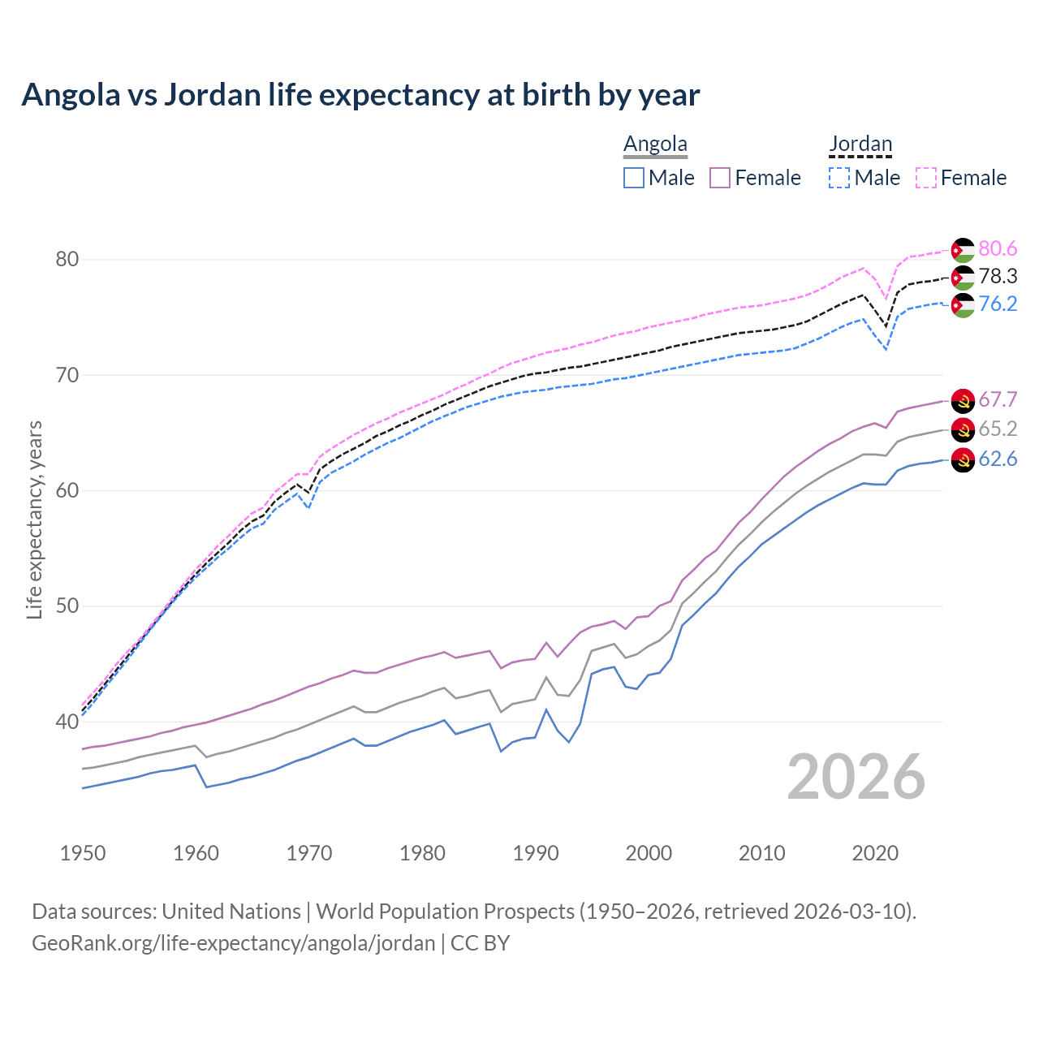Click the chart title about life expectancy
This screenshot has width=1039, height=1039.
tap(360, 95)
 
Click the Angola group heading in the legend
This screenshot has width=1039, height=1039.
tap(655, 144)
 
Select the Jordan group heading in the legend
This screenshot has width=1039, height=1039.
tap(860, 144)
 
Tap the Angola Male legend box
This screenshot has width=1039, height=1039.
tap(634, 178)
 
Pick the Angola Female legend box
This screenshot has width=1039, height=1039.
tap(721, 178)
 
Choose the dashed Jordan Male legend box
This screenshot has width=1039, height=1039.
tap(839, 178)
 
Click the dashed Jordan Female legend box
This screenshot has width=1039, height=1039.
tap(926, 178)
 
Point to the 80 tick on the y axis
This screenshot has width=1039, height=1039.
tap(67, 260)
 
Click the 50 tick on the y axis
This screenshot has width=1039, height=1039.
tap(67, 606)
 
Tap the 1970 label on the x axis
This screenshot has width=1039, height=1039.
tap(309, 853)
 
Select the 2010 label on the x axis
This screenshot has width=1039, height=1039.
tap(761, 853)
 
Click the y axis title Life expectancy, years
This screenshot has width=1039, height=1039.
tap(34, 519)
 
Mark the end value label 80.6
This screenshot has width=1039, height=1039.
tap(998, 249)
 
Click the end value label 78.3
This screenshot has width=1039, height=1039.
tap(998, 277)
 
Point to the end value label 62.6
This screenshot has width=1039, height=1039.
tap(998, 459)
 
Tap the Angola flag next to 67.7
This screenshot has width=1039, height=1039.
tap(963, 400)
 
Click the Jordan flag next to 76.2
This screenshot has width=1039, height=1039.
tap(963, 305)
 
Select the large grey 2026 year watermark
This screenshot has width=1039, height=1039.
tap(856, 777)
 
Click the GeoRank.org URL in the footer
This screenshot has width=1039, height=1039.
tap(234, 943)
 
